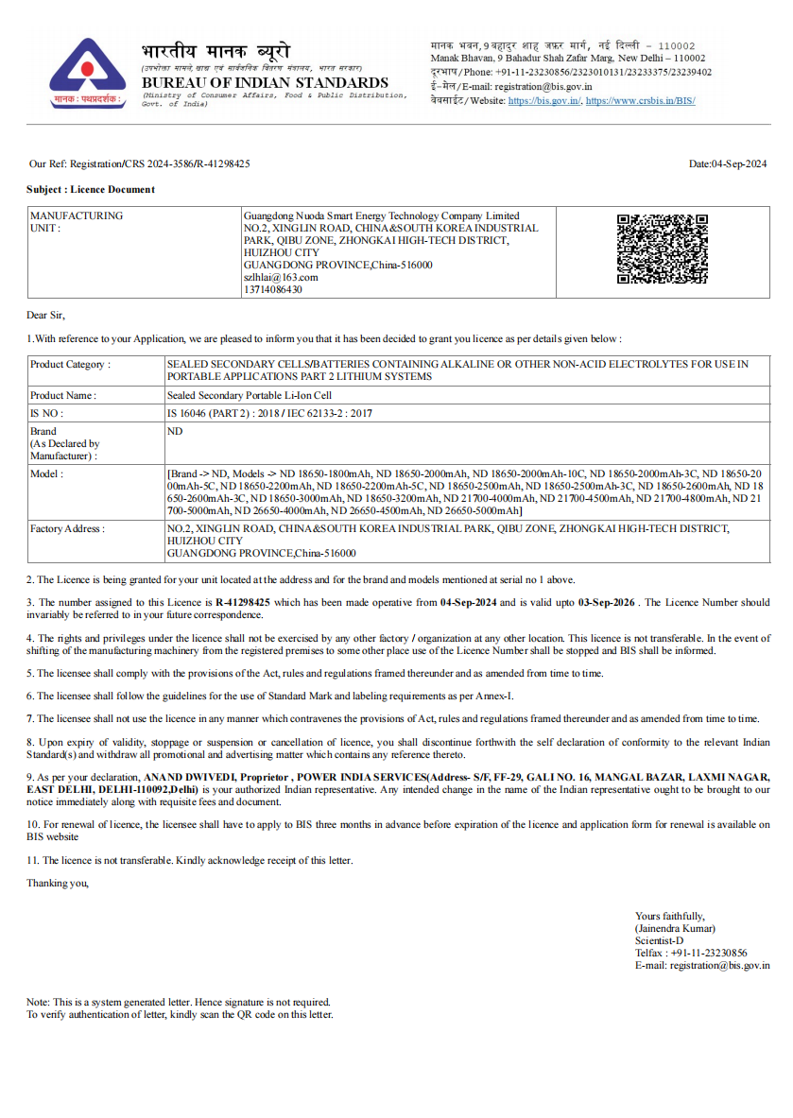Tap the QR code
(x=662, y=249)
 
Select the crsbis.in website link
(x=641, y=100)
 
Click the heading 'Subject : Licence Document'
(x=91, y=189)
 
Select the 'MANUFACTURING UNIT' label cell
(x=77, y=222)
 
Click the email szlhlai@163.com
(x=281, y=277)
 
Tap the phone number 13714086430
(x=273, y=289)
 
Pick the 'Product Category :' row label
(x=70, y=364)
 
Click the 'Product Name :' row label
(x=63, y=396)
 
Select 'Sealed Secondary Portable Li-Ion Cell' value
(x=250, y=396)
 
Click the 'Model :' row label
(x=47, y=473)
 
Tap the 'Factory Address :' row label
(x=67, y=528)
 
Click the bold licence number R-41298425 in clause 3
(x=243, y=602)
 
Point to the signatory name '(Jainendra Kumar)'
(x=675, y=928)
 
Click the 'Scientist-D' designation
(x=660, y=940)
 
